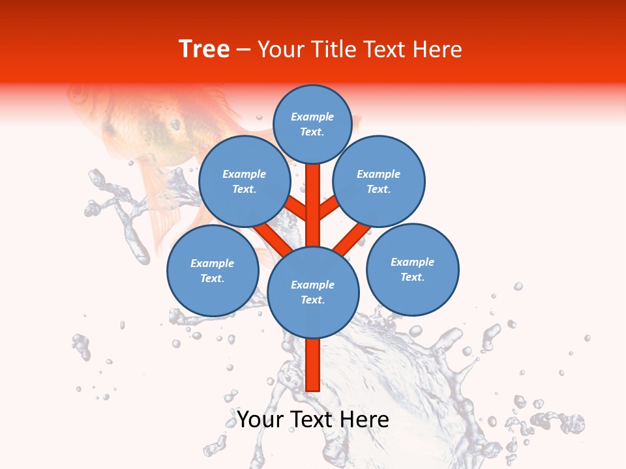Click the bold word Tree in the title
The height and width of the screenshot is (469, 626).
(x=204, y=50)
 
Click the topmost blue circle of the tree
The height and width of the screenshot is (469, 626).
(x=312, y=124)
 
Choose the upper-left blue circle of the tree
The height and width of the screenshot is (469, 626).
(x=245, y=181)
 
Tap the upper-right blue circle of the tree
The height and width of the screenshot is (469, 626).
(x=379, y=181)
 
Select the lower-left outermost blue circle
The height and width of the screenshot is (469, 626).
(x=213, y=270)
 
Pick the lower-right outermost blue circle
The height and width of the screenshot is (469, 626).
(x=412, y=269)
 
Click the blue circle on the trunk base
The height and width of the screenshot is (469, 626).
(x=313, y=292)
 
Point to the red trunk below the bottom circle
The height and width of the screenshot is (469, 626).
(x=313, y=365)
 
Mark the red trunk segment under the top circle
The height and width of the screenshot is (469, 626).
(x=313, y=195)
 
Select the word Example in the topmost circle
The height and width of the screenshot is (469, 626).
(x=312, y=117)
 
